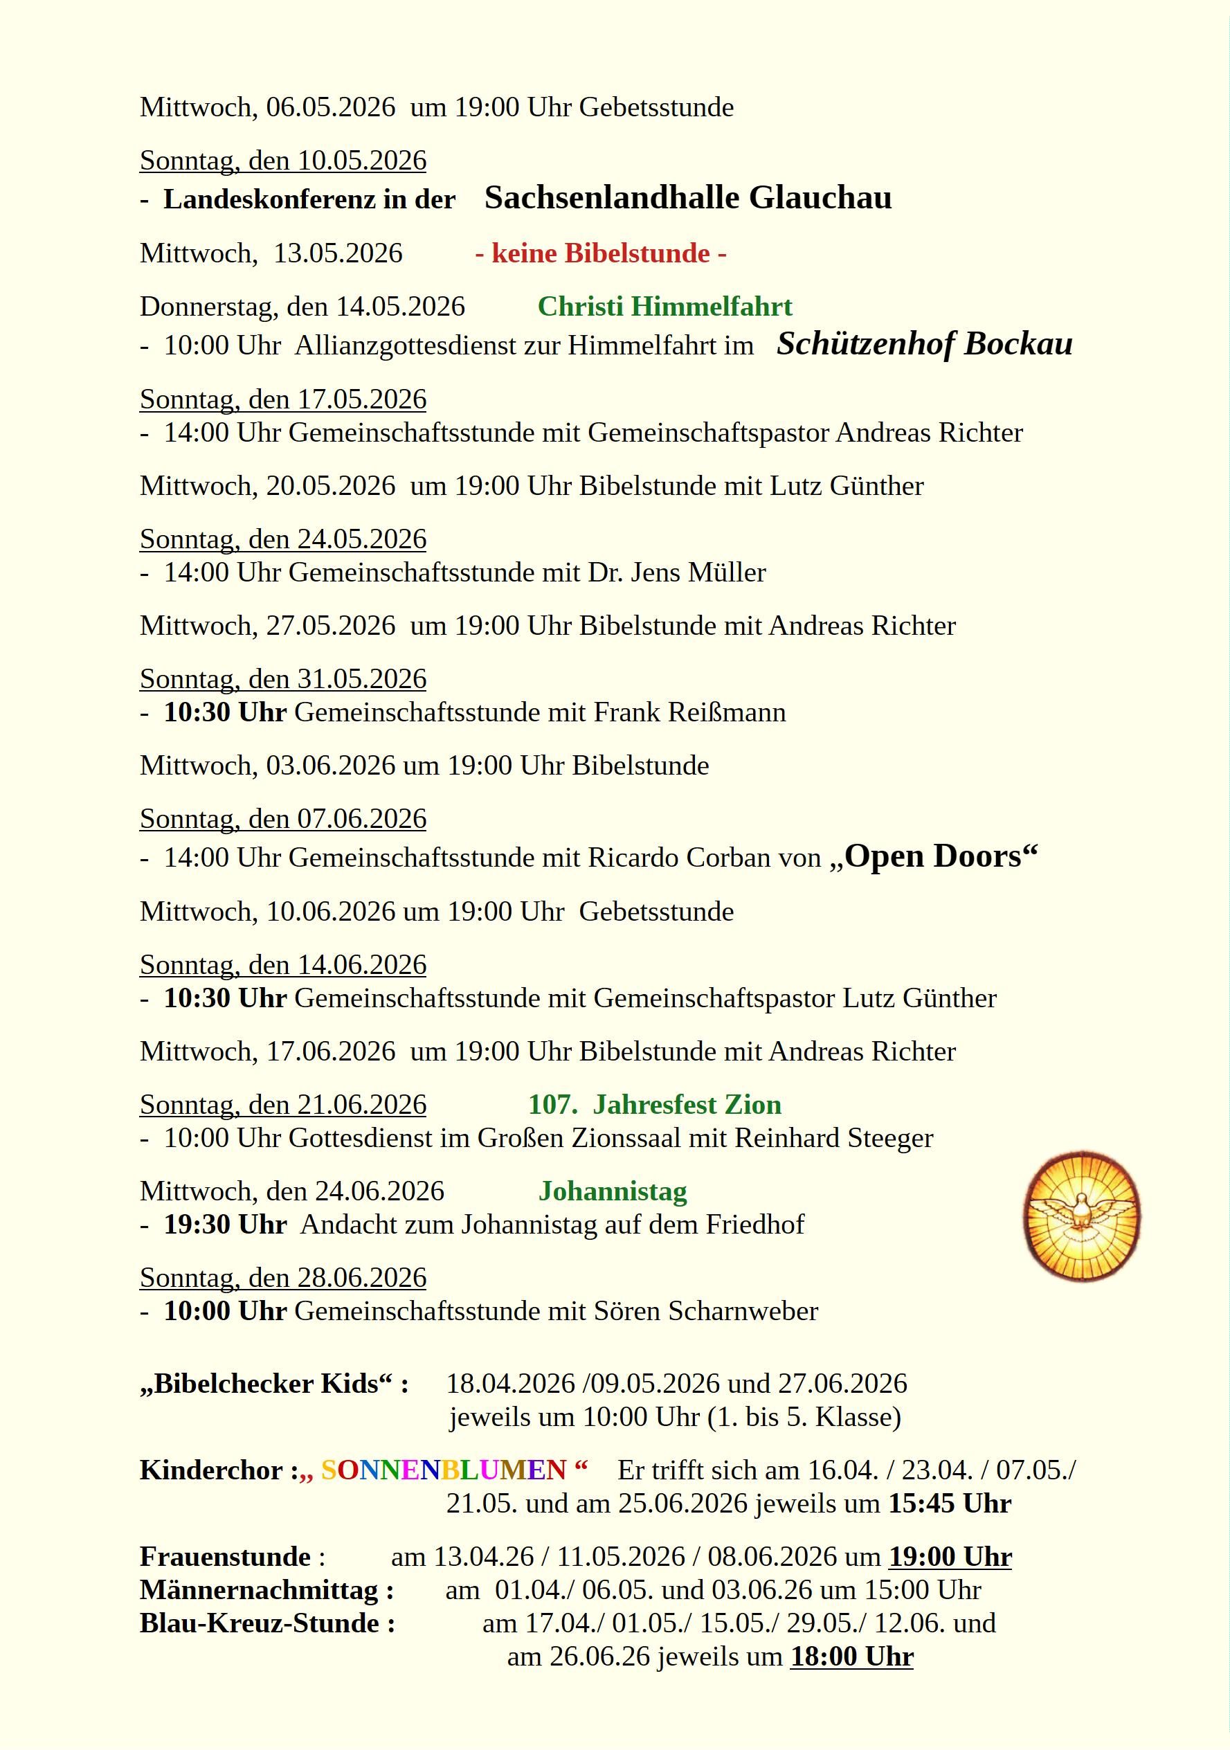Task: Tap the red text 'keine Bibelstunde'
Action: tap(601, 253)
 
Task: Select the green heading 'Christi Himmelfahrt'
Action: tap(664, 307)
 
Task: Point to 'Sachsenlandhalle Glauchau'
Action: tap(687, 198)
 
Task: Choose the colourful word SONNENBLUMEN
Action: tap(444, 1470)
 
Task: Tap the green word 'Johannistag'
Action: tap(613, 1191)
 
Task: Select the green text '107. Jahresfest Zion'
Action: tap(655, 1104)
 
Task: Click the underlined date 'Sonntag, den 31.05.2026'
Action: tap(282, 678)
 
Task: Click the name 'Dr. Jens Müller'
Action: tap(677, 572)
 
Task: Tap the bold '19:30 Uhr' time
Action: tap(225, 1224)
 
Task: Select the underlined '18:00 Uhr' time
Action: tap(851, 1657)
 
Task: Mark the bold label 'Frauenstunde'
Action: tap(226, 1556)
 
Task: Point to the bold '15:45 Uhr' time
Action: tap(950, 1503)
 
